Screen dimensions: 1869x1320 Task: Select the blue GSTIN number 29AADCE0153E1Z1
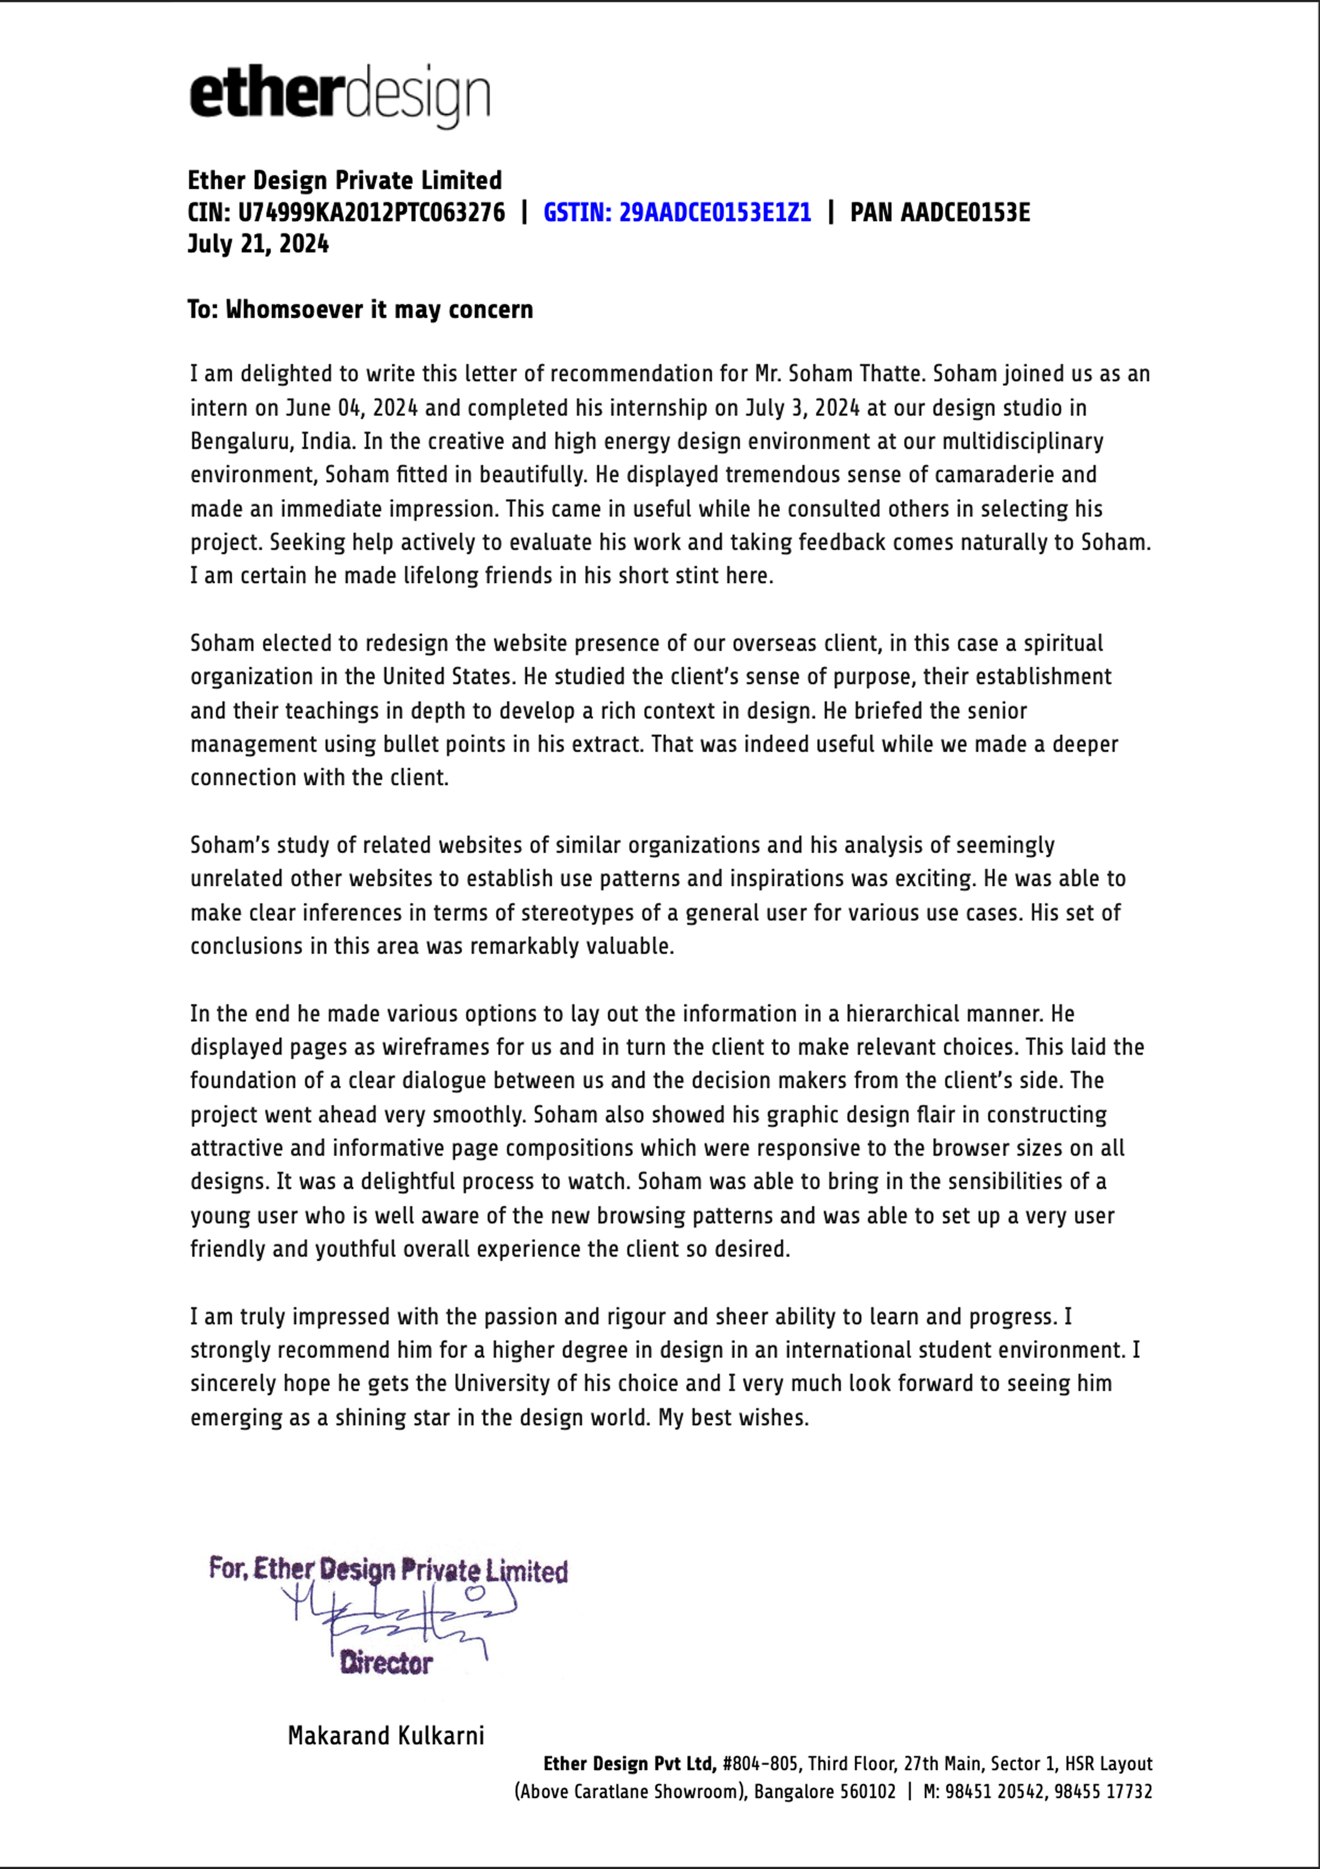coord(715,212)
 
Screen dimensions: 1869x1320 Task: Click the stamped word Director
coord(387,1663)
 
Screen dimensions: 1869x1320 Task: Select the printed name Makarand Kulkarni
coord(386,1736)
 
